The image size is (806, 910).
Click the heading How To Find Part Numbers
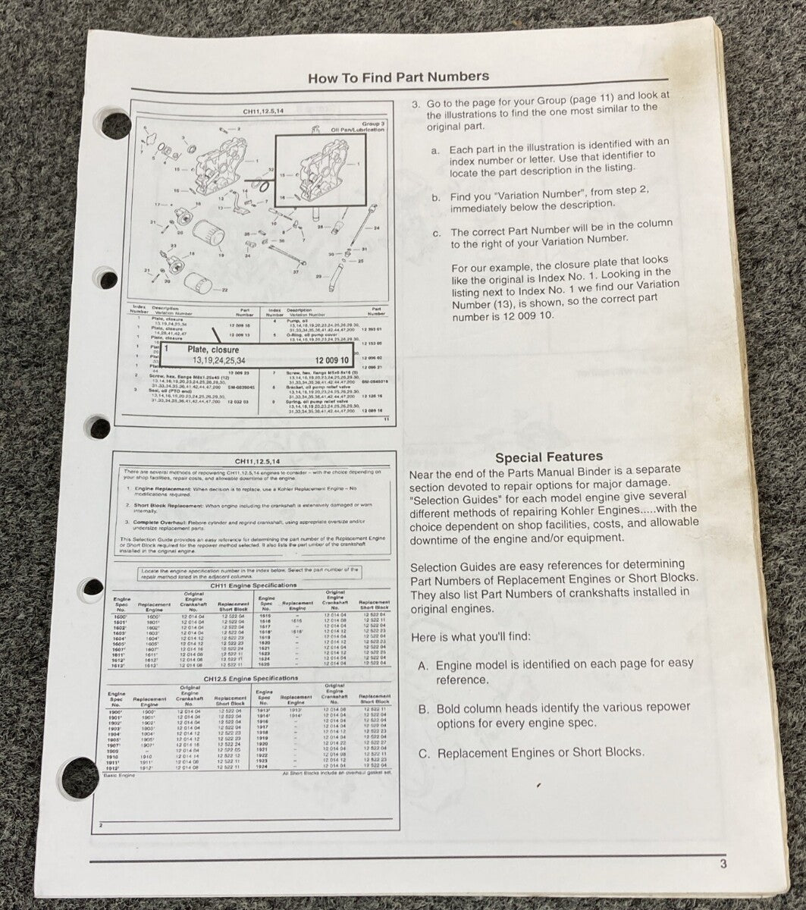[398, 77]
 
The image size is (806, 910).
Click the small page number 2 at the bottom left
[101, 824]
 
